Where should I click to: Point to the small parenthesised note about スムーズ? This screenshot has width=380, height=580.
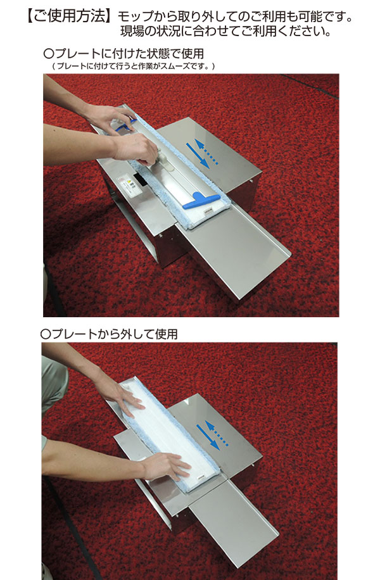133,66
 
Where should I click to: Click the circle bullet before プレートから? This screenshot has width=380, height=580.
46,332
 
